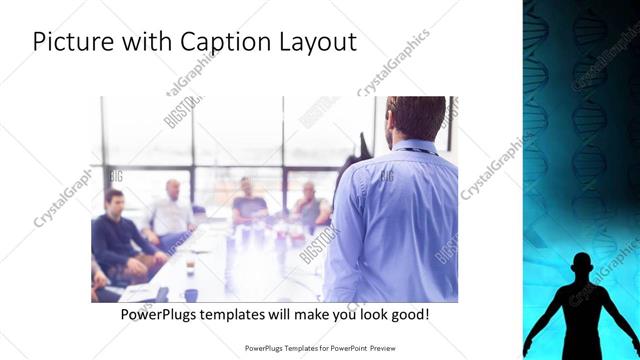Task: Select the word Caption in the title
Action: coord(220,43)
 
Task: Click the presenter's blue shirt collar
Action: coord(412,148)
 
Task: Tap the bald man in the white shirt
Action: coord(172,210)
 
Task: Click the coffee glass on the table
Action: coord(190,268)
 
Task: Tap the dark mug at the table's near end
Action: coord(190,295)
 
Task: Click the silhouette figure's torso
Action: coord(581,310)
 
